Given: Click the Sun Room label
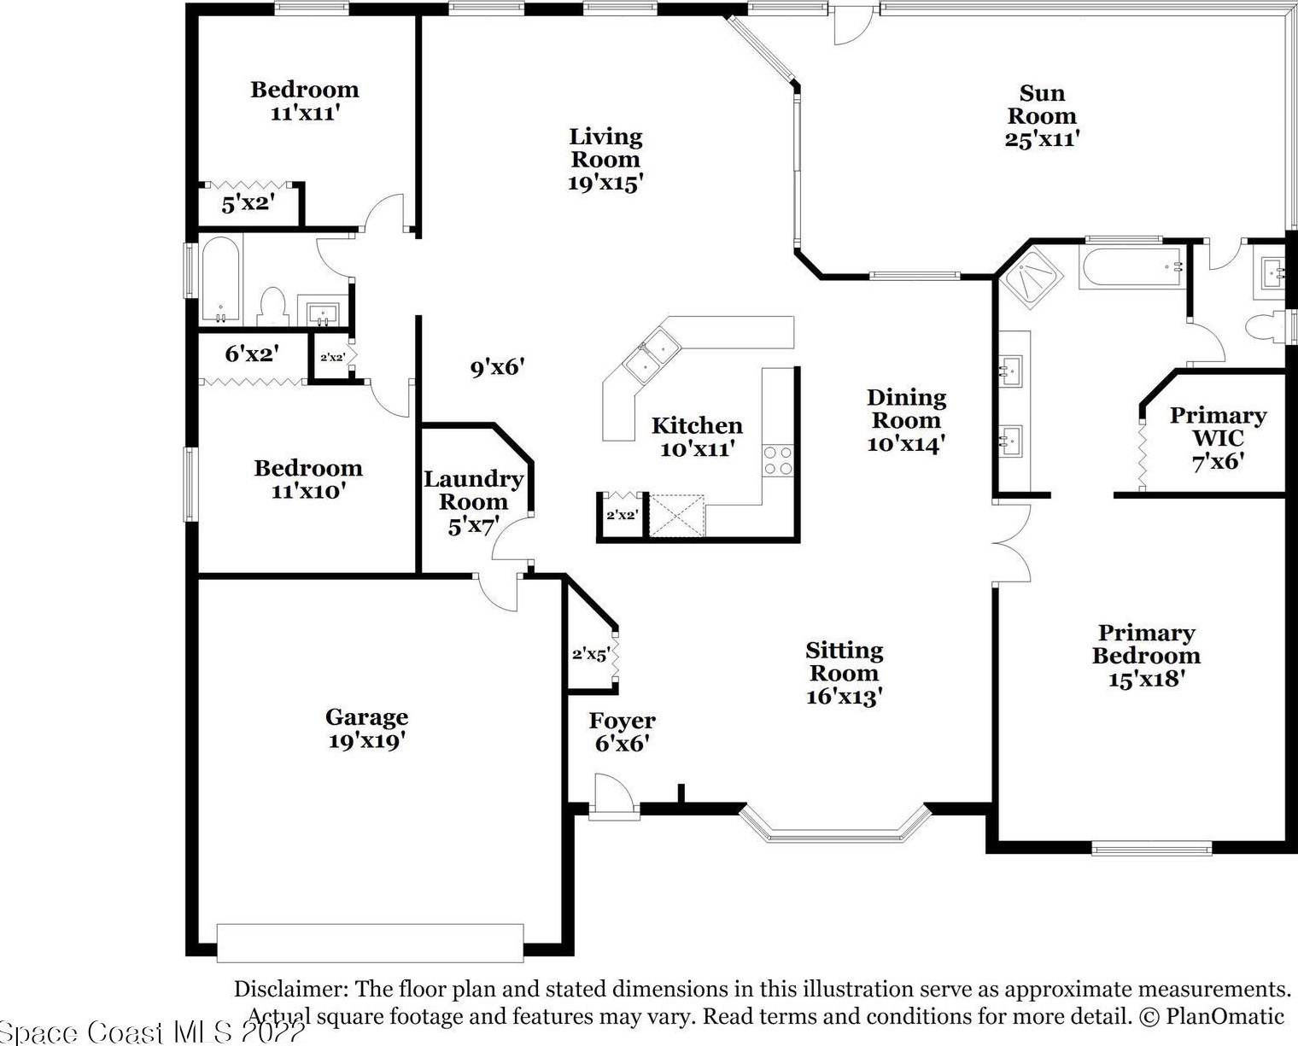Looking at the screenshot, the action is pyautogui.click(x=1042, y=104).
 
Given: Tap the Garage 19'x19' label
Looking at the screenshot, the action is pyautogui.click(x=366, y=728).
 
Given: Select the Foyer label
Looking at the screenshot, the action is pyautogui.click(x=622, y=721).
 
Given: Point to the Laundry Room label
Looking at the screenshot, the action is pyautogui.click(x=473, y=490).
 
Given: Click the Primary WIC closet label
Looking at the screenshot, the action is pyautogui.click(x=1219, y=426).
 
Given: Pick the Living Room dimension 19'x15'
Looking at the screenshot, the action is pyautogui.click(x=605, y=182).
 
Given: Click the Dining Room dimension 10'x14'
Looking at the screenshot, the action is pyautogui.click(x=906, y=444).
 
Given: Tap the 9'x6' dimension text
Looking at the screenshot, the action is pyautogui.click(x=498, y=367).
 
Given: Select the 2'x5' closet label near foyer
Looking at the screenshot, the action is pyautogui.click(x=591, y=654).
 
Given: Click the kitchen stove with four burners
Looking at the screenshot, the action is pyautogui.click(x=777, y=461).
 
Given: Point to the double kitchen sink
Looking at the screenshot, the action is pyautogui.click(x=652, y=355).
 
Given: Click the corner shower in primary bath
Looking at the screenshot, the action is pyautogui.click(x=1031, y=280).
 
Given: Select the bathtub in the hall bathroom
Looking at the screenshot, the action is pyautogui.click(x=221, y=279).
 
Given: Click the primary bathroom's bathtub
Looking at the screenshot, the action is pyautogui.click(x=1131, y=266).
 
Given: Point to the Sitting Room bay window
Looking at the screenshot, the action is pyautogui.click(x=835, y=824).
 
